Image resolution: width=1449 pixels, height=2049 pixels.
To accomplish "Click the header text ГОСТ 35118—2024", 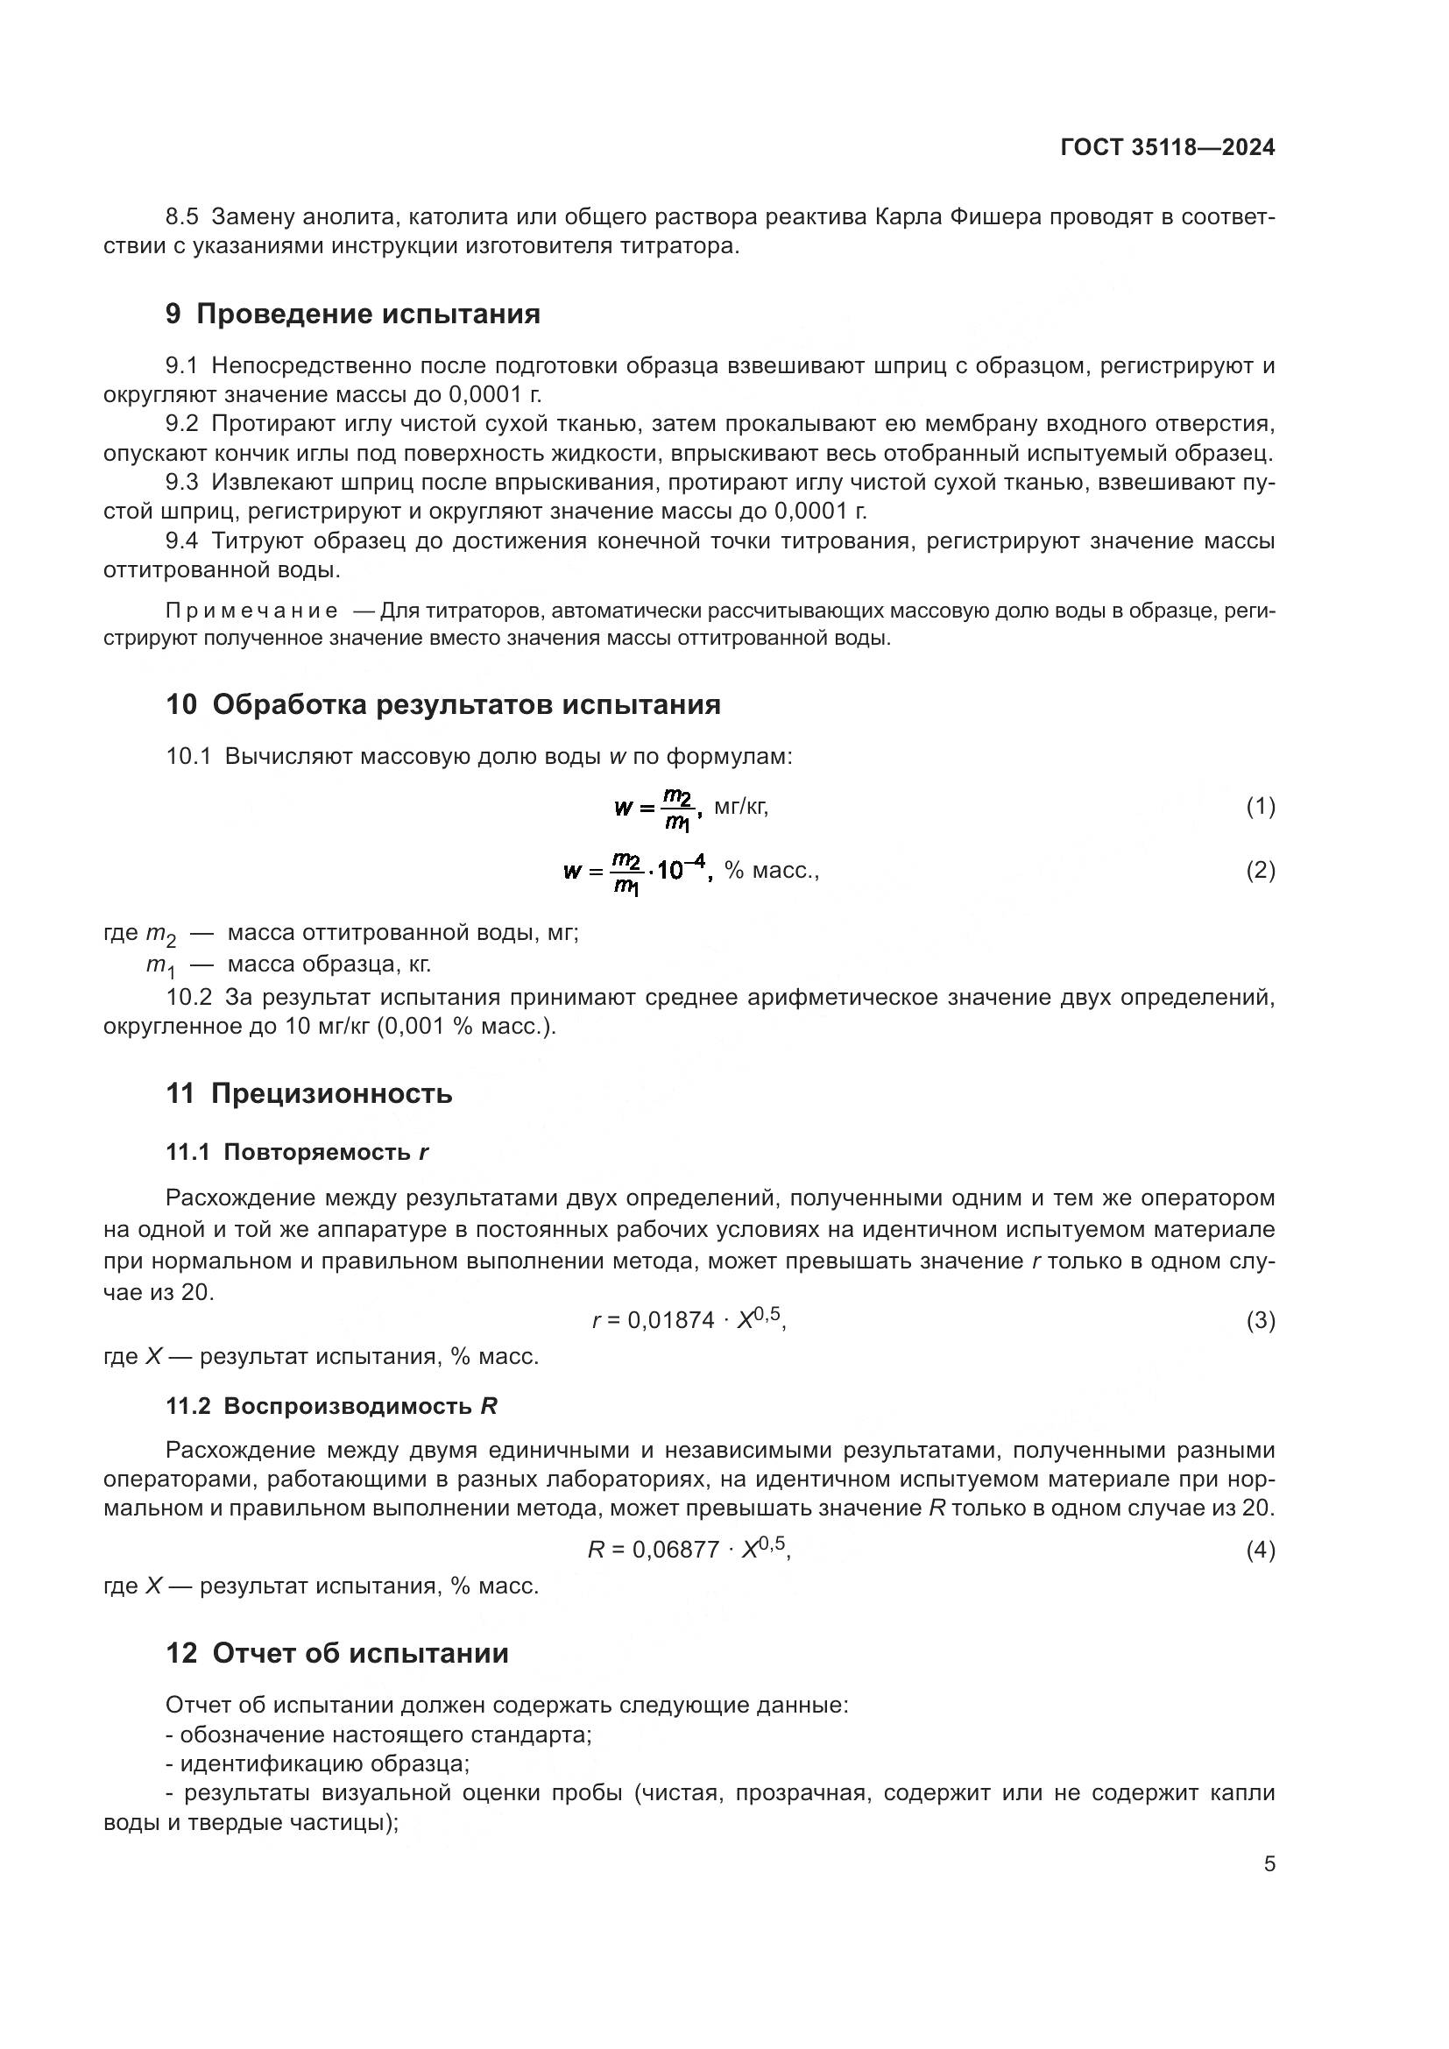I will pos(1167,147).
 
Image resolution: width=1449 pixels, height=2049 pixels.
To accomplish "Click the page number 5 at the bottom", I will pos(1269,1864).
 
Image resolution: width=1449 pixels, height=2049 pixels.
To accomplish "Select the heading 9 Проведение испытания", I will pos(353,314).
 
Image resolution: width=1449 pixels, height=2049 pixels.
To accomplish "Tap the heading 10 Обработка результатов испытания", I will pos(443,704).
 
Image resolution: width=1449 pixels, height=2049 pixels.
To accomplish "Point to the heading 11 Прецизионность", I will pos(308,1093).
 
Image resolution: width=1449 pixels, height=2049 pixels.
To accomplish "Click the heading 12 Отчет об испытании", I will pos(337,1653).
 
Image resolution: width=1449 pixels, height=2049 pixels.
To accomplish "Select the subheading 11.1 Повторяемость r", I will pos(297,1152).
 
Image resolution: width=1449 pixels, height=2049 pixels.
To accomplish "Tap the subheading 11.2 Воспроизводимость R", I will pos(331,1407).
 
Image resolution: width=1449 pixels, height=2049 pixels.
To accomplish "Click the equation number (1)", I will pos(1260,807).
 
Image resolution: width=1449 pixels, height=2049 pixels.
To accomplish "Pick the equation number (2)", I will pos(1260,870).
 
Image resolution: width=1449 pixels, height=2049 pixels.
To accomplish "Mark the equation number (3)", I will pos(1260,1320).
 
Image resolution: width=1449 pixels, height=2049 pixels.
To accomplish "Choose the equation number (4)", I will pos(1260,1551).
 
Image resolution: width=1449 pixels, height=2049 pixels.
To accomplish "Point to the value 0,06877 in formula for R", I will pos(675,1551).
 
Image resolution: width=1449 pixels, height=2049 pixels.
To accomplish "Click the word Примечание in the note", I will pos(251,611).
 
